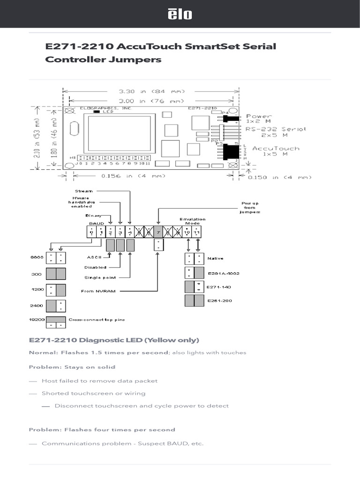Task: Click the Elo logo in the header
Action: pyautogui.click(x=180, y=15)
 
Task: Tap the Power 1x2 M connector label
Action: pyautogui.click(x=259, y=119)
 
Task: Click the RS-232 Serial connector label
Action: pyautogui.click(x=276, y=131)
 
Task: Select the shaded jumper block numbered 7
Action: pyautogui.click(x=158, y=231)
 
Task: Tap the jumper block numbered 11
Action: pyautogui.click(x=197, y=231)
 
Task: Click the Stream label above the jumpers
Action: pyautogui.click(x=84, y=191)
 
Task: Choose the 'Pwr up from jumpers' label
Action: pyautogui.click(x=250, y=208)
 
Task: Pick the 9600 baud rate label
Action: pyautogui.click(x=37, y=258)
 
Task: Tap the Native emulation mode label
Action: pyautogui.click(x=215, y=258)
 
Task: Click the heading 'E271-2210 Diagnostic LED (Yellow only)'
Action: pyautogui.click(x=114, y=340)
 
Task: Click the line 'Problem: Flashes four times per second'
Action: pyautogui.click(x=102, y=429)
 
